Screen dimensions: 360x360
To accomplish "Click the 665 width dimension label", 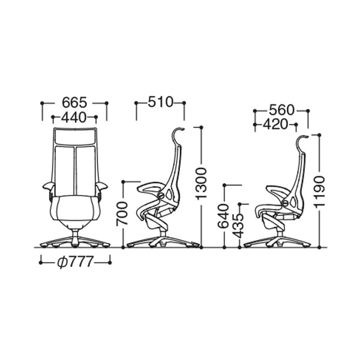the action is click(75, 103).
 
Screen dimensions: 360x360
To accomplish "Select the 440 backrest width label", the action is click(73, 117).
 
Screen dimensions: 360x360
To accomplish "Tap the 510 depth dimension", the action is click(160, 102).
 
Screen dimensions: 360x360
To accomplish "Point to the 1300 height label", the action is click(202, 183).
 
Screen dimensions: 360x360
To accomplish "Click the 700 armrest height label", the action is click(122, 214).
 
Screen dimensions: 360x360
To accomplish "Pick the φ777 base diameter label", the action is click(76, 262).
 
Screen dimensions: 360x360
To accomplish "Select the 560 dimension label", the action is click(281, 110).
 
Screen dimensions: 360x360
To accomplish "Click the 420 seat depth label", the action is click(275, 124).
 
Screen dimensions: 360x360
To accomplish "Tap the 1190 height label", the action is click(320, 193).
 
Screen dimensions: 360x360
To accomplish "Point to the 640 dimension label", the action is click(223, 216).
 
